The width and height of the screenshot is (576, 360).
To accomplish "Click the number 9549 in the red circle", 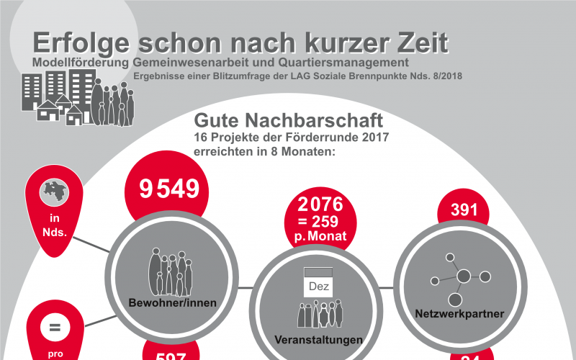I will point(169,189).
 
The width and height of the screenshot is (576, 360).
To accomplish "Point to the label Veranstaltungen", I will point(318,339).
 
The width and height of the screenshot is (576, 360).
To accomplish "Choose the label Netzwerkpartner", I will point(459,314).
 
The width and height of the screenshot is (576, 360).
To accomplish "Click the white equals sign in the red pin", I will point(54,328).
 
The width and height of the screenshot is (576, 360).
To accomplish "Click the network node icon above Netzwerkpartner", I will point(459,277).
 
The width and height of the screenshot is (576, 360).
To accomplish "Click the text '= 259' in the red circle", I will point(318,221).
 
